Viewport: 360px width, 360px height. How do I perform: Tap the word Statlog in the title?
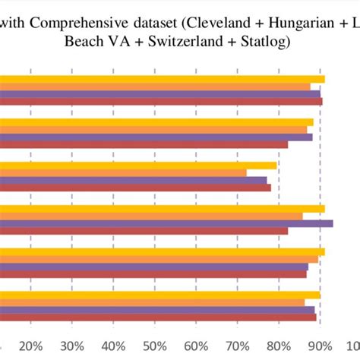click(262, 43)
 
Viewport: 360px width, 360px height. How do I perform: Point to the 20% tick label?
click(30, 346)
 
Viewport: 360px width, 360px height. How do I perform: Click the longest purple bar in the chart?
click(167, 223)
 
